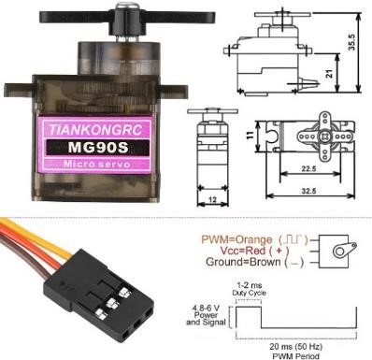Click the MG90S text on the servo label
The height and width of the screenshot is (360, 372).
coord(98,147)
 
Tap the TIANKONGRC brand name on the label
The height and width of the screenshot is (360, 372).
coord(96,130)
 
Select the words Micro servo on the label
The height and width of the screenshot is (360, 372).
coord(96,164)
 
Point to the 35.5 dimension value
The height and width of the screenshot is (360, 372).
coord(351,43)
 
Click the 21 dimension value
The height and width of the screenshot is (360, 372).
coord(329,74)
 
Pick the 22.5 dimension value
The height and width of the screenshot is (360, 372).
coord(308,168)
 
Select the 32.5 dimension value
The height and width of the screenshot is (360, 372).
coord(308,191)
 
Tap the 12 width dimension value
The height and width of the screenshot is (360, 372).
coord(212,199)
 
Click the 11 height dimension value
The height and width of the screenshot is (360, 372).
coord(250,136)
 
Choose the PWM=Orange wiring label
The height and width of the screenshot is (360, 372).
coord(236,239)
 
